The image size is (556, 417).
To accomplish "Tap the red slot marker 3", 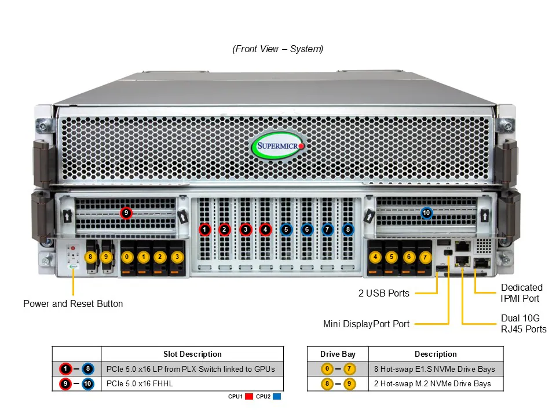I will (x=246, y=229).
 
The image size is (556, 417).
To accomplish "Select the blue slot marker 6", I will (x=307, y=229).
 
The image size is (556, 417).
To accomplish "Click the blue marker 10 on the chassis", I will (x=427, y=213).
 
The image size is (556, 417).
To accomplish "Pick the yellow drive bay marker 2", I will (x=160, y=256).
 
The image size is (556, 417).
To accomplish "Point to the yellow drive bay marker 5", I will (x=392, y=256).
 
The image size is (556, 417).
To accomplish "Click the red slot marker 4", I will (x=266, y=229).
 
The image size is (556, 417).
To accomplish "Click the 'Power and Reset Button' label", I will (x=73, y=303).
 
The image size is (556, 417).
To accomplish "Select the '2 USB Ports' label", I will (x=383, y=293).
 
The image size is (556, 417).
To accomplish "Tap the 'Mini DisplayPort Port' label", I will (x=366, y=324).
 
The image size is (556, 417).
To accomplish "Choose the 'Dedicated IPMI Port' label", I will (x=521, y=293).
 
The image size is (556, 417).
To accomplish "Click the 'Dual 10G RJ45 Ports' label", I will (x=523, y=324).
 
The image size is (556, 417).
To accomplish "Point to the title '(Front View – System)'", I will (x=278, y=49).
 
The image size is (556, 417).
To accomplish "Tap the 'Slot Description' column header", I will (x=192, y=354).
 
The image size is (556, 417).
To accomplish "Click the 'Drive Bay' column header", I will (x=338, y=354).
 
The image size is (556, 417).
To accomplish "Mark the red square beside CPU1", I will (x=250, y=397).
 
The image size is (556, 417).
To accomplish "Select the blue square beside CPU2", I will (x=276, y=397).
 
